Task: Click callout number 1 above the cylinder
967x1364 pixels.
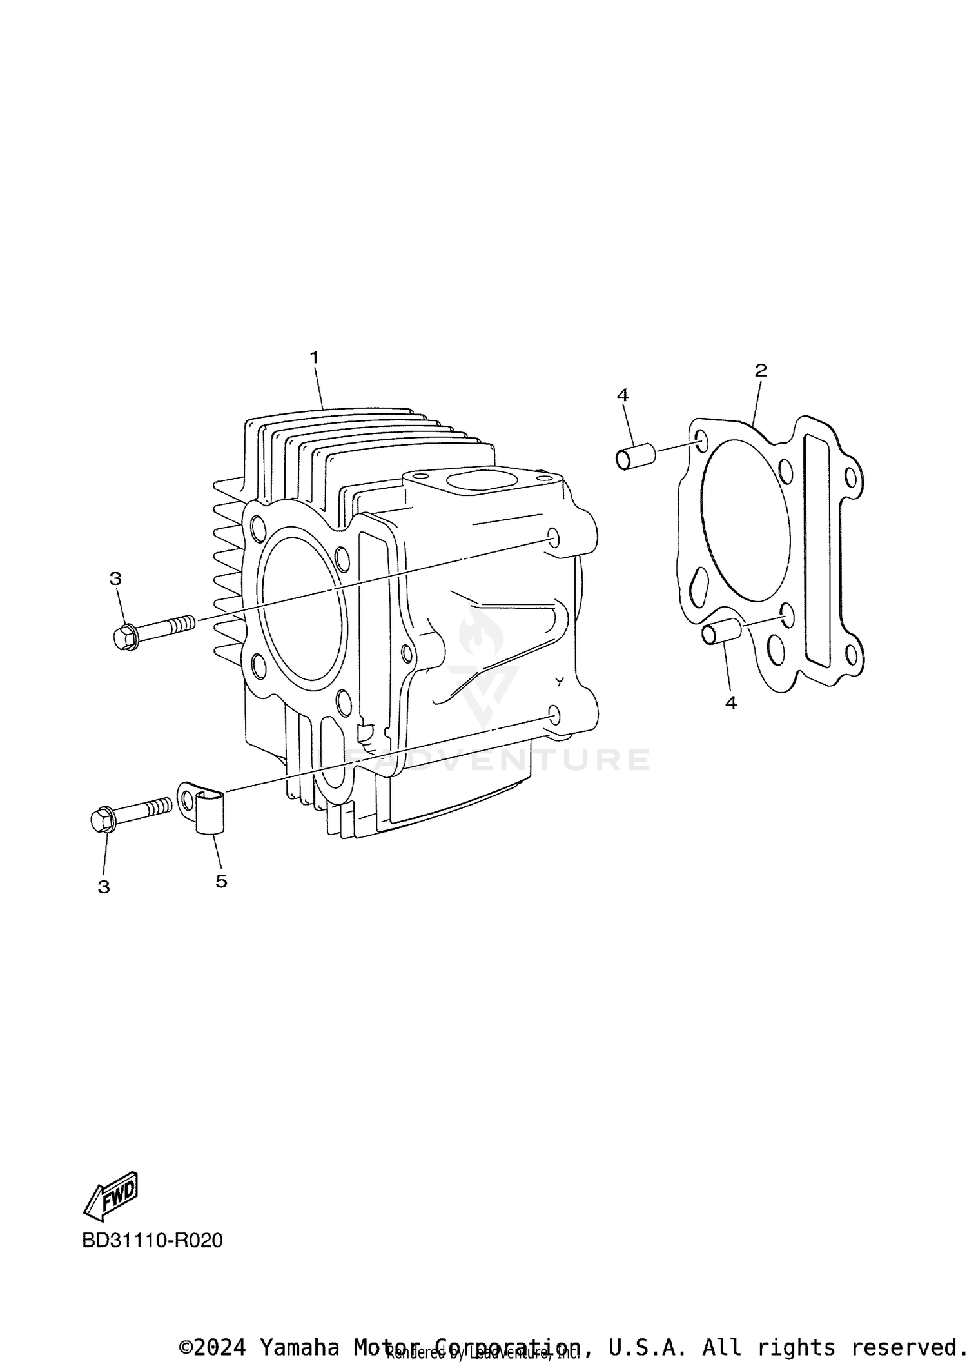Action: pos(315,357)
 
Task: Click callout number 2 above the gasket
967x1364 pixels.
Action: pos(761,370)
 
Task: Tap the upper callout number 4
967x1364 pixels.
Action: pos(622,395)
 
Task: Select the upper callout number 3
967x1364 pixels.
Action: pos(115,579)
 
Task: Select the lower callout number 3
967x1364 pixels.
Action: pos(104,887)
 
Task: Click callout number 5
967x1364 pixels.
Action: pos(221,881)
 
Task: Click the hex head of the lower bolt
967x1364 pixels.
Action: pos(103,820)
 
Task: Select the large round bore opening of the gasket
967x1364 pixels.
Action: pos(745,522)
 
